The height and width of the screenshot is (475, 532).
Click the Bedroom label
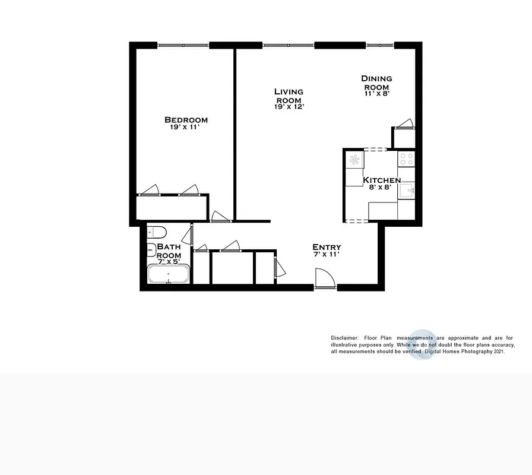[186, 120]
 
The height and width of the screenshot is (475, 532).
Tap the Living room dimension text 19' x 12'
[289, 107]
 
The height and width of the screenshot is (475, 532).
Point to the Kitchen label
[382, 180]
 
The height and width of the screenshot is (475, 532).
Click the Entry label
[327, 247]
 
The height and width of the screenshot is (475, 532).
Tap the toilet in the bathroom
[157, 231]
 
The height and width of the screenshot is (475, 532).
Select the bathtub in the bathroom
[169, 275]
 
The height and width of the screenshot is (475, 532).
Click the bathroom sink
[151, 248]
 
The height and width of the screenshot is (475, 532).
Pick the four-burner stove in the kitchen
[406, 159]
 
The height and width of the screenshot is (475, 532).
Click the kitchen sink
[406, 191]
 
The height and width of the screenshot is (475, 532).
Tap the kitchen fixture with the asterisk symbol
[354, 159]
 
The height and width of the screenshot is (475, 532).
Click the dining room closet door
[405, 123]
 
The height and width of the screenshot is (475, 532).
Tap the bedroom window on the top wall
[183, 45]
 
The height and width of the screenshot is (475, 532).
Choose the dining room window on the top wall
[379, 45]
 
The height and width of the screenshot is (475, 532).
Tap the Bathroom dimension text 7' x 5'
[168, 261]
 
